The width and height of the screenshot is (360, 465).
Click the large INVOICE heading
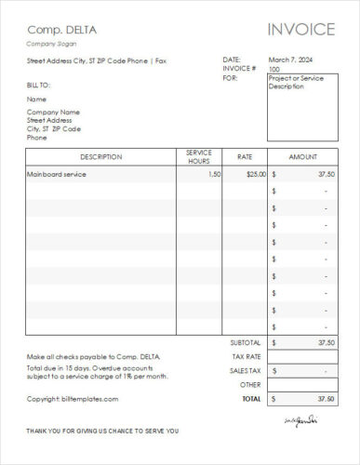tap(300, 29)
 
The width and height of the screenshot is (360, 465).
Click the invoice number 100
tap(273, 70)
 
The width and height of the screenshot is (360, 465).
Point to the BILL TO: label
tap(38, 84)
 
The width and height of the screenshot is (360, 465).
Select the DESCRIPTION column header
tap(100, 157)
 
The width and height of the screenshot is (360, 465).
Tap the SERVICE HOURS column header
tap(199, 156)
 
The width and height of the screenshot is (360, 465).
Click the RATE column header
tap(245, 157)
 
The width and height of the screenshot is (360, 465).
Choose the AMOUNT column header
tap(302, 157)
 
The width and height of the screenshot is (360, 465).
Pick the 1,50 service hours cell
tap(214, 174)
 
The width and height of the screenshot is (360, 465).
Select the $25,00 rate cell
tap(255, 174)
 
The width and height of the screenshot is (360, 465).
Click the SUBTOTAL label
tap(245, 342)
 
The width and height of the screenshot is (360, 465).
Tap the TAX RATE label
tap(247, 356)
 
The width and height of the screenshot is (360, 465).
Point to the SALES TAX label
tap(246, 370)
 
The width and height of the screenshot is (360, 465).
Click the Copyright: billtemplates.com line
tap(73, 398)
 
